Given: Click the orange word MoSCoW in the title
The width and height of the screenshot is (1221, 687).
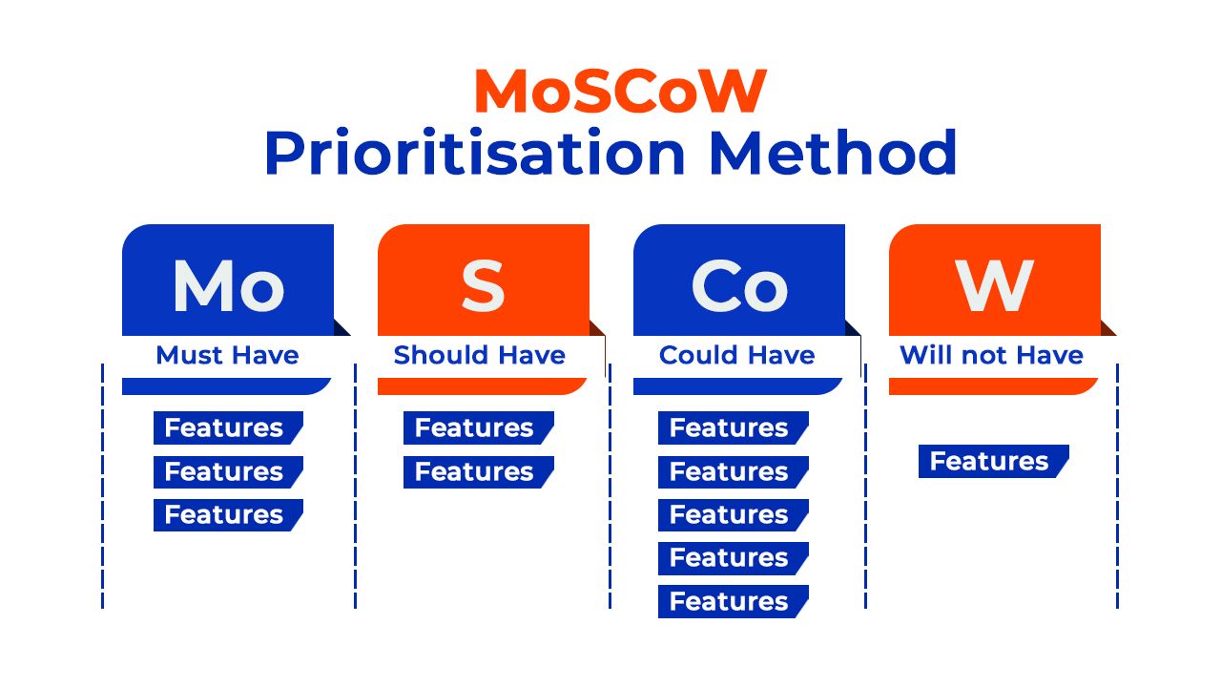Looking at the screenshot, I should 619,92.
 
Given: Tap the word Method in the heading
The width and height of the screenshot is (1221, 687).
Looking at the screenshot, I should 833,153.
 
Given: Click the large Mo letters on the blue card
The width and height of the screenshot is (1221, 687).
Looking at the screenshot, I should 228,285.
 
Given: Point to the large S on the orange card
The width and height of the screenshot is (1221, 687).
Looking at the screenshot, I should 483,285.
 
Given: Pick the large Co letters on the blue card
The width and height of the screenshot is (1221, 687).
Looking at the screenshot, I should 738,285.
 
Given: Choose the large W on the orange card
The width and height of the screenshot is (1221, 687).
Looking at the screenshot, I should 994,285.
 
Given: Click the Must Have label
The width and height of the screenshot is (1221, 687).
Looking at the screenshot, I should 227,356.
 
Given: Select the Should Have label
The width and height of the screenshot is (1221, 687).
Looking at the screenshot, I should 479,356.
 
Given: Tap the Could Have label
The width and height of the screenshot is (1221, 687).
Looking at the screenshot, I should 736,356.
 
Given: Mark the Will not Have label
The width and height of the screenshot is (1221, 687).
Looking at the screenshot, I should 991,356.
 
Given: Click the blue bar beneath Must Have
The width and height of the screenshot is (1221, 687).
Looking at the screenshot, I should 225,386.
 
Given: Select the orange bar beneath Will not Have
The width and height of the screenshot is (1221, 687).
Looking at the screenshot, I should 992,386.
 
